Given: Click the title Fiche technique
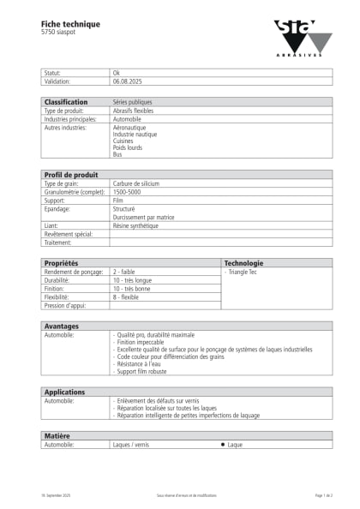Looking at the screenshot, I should tap(70, 23).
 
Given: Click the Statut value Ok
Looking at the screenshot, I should tap(117, 74).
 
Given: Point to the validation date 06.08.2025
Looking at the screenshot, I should tap(127, 81).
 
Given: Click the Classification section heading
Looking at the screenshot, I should tap(65, 102).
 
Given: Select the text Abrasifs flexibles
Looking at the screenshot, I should tap(133, 111).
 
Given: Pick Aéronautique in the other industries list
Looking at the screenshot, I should tap(129, 128).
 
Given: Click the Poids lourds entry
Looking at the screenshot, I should tap(128, 147).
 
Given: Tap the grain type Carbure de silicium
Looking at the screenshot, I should tap(136, 183).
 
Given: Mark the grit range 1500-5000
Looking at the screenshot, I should tap(128, 192).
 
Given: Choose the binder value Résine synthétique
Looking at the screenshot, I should tap(135, 225).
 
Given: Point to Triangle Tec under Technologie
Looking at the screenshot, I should tap(243, 272).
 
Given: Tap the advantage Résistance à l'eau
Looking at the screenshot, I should tap(141, 364).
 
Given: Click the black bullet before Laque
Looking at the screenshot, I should tap(223, 445).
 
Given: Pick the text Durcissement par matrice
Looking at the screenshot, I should tap(143, 217).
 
